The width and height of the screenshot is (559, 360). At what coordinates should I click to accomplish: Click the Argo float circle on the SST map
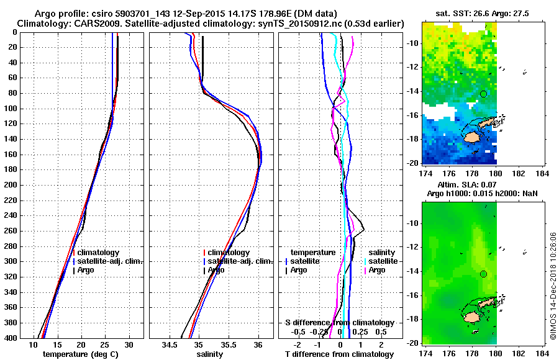(483, 94)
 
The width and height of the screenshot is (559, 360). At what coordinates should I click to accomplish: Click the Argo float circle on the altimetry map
(483, 274)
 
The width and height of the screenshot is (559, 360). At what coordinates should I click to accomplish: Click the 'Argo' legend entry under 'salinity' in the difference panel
(377, 270)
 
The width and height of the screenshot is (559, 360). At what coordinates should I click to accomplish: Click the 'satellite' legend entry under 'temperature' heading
(304, 261)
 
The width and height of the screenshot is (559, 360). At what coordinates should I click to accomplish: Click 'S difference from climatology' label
(339, 323)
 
